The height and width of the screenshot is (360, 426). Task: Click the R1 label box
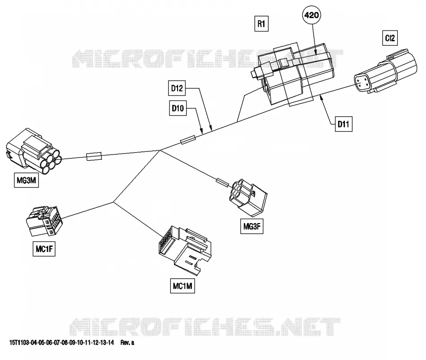(x=261, y=24)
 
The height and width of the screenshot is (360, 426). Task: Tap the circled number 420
(x=311, y=15)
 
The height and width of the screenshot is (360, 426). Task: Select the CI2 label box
(x=390, y=38)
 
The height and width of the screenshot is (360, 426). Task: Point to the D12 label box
(x=177, y=88)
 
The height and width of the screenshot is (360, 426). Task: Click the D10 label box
(x=178, y=108)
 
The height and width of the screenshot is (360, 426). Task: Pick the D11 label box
(x=343, y=124)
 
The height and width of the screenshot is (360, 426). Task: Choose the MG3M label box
(x=26, y=180)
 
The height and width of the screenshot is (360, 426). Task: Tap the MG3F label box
(x=252, y=226)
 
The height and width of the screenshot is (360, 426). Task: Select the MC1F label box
(x=44, y=249)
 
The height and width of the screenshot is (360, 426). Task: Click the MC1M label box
(x=183, y=286)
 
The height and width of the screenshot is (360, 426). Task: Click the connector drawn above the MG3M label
(x=34, y=151)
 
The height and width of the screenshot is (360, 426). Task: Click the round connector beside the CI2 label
(x=385, y=71)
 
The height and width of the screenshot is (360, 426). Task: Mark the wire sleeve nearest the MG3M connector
(x=94, y=156)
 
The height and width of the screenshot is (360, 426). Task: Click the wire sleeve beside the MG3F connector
(x=222, y=182)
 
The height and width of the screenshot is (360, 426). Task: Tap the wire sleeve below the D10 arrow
(x=188, y=140)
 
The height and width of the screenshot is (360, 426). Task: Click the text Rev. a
(x=127, y=342)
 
